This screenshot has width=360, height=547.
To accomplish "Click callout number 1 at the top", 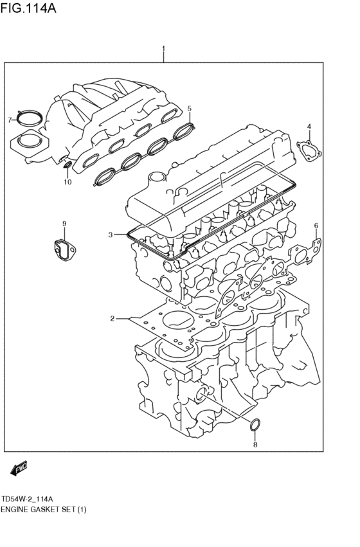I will (x=164, y=49).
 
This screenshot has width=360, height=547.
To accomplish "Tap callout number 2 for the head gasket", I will (x=112, y=318).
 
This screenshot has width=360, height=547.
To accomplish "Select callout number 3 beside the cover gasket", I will (x=111, y=235).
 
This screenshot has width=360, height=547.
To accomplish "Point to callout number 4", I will (x=309, y=127).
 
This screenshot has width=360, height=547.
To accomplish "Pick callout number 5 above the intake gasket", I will (x=190, y=108).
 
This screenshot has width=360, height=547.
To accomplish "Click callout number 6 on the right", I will (x=316, y=226).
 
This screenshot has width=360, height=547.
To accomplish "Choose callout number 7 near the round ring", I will (x=10, y=120).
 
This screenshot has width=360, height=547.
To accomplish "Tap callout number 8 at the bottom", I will (x=255, y=445).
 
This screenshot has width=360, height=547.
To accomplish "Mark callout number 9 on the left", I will (x=64, y=223).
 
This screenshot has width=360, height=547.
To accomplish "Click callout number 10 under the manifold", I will (x=67, y=182).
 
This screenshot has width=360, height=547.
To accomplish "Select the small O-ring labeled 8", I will (x=255, y=424).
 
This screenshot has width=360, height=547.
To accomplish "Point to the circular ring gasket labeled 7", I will (x=29, y=118).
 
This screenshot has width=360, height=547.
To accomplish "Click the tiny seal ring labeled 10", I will (x=67, y=168).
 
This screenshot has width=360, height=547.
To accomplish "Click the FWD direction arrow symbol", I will (x=19, y=469).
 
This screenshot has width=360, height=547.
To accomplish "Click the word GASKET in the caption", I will (x=50, y=510).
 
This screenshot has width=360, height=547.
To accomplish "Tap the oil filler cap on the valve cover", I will (x=156, y=177).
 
